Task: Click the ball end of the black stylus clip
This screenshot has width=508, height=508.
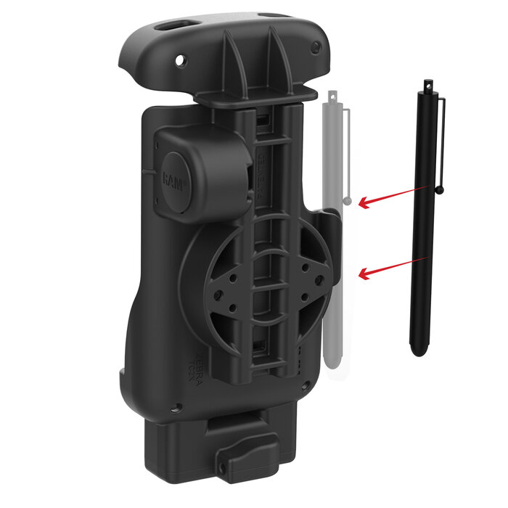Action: (x=440, y=190)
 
